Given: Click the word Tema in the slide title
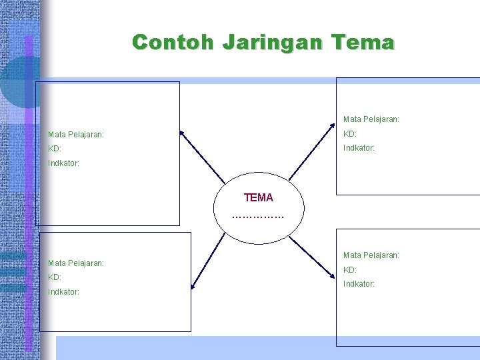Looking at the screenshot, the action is coord(366,43).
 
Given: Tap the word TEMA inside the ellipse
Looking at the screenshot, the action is coord(259,198).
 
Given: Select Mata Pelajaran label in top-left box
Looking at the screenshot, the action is coord(76,135).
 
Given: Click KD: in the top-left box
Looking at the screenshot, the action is coord(55,149).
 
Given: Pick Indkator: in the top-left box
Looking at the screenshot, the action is coord(64,163).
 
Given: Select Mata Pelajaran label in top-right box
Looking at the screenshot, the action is coord(371,119).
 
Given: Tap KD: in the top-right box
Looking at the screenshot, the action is coord(350,134).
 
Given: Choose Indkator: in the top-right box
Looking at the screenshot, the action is coord(359,148).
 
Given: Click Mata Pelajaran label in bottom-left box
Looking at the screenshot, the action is coord(76,263).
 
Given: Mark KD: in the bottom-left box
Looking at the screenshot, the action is coord(55,277).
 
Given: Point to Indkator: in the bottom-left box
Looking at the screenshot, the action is coord(64,292).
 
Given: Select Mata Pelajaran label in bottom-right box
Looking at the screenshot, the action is coord(371,255).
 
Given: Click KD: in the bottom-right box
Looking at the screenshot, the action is coord(350,270).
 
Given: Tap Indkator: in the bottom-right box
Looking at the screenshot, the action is coord(359,284).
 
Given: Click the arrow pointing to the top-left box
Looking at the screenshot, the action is coord(203,156).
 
